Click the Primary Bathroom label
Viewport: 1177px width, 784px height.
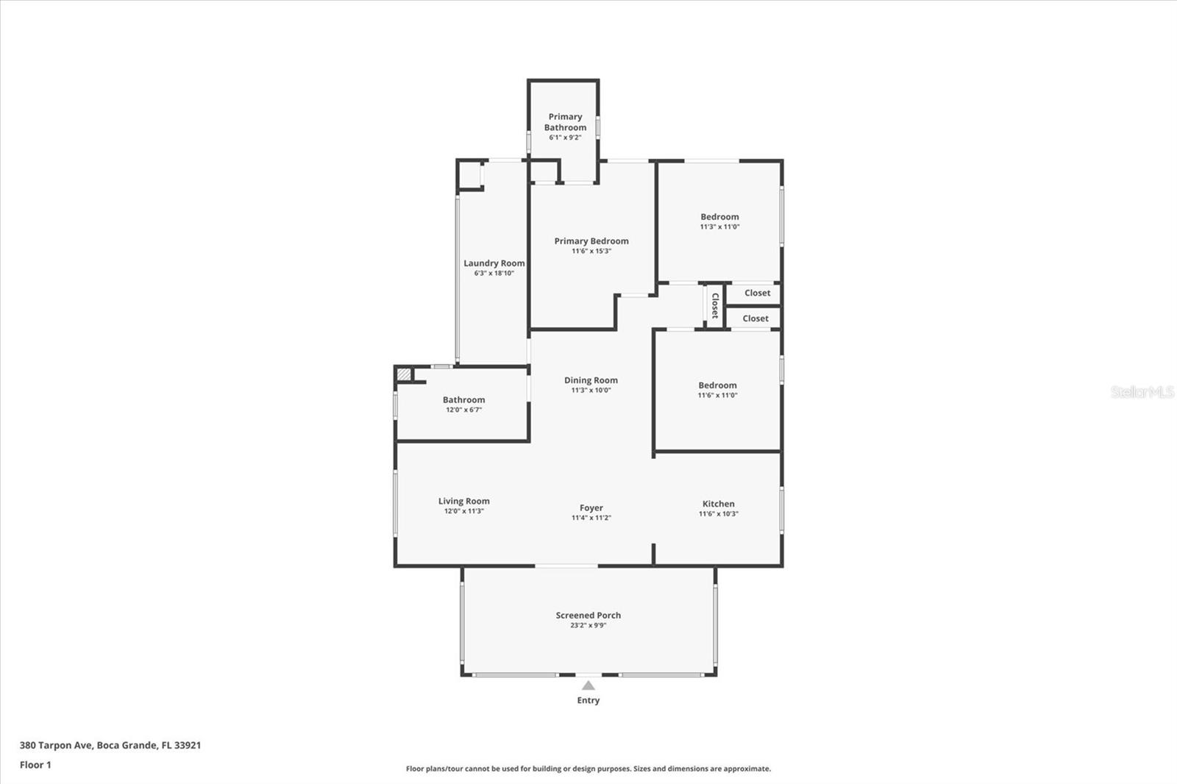(565, 122)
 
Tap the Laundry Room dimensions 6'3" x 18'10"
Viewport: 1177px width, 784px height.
(494, 274)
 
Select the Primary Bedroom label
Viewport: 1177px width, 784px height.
(591, 241)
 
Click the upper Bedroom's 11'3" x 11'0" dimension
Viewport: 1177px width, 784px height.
(719, 227)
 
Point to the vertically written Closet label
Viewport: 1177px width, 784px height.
(714, 305)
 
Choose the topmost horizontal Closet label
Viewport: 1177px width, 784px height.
(757, 293)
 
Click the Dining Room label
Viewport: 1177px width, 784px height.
(591, 380)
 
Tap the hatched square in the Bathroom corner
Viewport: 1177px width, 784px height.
(404, 374)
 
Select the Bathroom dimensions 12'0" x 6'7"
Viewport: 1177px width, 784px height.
(463, 410)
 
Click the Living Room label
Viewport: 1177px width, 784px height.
(463, 502)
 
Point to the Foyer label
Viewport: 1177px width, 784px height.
(591, 508)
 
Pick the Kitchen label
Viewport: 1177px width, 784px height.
(718, 505)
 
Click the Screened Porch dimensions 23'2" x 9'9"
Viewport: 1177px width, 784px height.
(588, 626)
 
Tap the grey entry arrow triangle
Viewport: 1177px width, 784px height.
(588, 685)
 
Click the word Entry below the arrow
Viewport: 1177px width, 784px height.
(588, 701)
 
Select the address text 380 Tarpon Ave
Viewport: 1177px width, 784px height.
(55, 745)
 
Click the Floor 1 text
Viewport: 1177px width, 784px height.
(35, 765)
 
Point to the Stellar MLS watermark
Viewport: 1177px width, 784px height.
(1142, 392)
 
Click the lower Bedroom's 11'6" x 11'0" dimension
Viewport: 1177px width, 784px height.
(717, 396)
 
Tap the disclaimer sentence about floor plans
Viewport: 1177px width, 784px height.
(588, 769)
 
